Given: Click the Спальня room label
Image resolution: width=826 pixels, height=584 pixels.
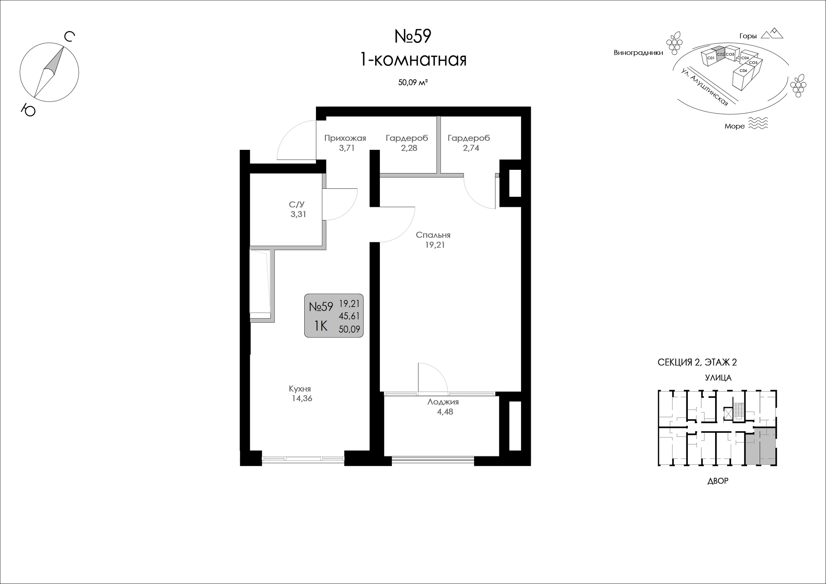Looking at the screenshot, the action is coord(433,235).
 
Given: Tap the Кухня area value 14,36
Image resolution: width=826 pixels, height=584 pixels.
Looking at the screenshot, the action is coord(302,398).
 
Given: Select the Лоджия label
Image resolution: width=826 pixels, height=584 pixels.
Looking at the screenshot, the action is coord(443,402).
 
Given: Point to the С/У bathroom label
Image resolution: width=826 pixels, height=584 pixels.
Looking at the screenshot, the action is coord(297,205).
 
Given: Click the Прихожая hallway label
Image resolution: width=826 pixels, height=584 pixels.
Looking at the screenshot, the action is coord(345,138).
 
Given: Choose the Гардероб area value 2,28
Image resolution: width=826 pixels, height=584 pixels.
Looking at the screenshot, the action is coord(409,148).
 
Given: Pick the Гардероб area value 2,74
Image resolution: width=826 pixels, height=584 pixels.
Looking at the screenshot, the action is coord(471,148).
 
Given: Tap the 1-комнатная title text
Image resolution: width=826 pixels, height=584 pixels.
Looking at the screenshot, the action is coord(413,60).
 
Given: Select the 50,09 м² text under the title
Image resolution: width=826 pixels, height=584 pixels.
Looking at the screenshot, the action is coord(413,83).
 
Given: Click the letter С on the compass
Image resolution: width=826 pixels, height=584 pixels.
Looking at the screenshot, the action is coord(69,37).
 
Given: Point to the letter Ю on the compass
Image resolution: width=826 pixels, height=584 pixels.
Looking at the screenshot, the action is coord(28,110).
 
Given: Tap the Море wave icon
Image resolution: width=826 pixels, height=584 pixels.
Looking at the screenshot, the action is coord(758,123).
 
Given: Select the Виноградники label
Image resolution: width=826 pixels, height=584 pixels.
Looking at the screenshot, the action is coord(638,53).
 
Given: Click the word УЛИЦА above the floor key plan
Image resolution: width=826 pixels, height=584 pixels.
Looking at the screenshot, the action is coord(718,378).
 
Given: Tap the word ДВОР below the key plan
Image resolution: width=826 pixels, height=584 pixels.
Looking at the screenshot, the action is coord(718,481).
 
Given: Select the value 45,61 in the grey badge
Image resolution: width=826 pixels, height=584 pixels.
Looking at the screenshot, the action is coord(349,316).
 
